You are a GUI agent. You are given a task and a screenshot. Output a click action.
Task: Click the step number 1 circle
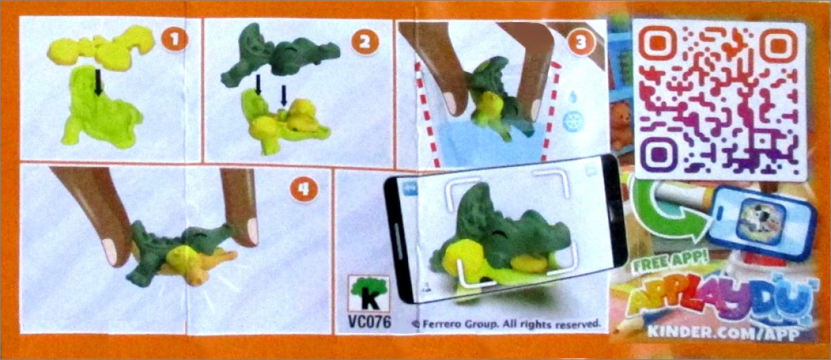(175, 40)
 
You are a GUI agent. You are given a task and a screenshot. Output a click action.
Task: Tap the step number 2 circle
(365, 42)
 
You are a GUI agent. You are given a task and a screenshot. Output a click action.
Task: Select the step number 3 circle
(580, 42)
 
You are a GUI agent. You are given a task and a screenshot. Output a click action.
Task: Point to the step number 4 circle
(304, 189)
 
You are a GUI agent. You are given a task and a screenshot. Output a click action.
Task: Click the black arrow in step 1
(98, 83)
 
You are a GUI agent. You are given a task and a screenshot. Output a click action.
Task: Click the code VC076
(370, 322)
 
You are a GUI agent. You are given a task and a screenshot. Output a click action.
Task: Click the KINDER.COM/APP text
(723, 332)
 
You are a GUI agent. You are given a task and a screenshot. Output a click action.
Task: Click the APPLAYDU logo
(718, 300)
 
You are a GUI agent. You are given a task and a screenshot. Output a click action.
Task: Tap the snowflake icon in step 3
(573, 121)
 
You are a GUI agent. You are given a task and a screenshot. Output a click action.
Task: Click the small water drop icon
(573, 98)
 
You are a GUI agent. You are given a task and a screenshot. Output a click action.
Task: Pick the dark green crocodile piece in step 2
(280, 55)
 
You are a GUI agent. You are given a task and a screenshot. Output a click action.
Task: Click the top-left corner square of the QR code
(657, 45)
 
